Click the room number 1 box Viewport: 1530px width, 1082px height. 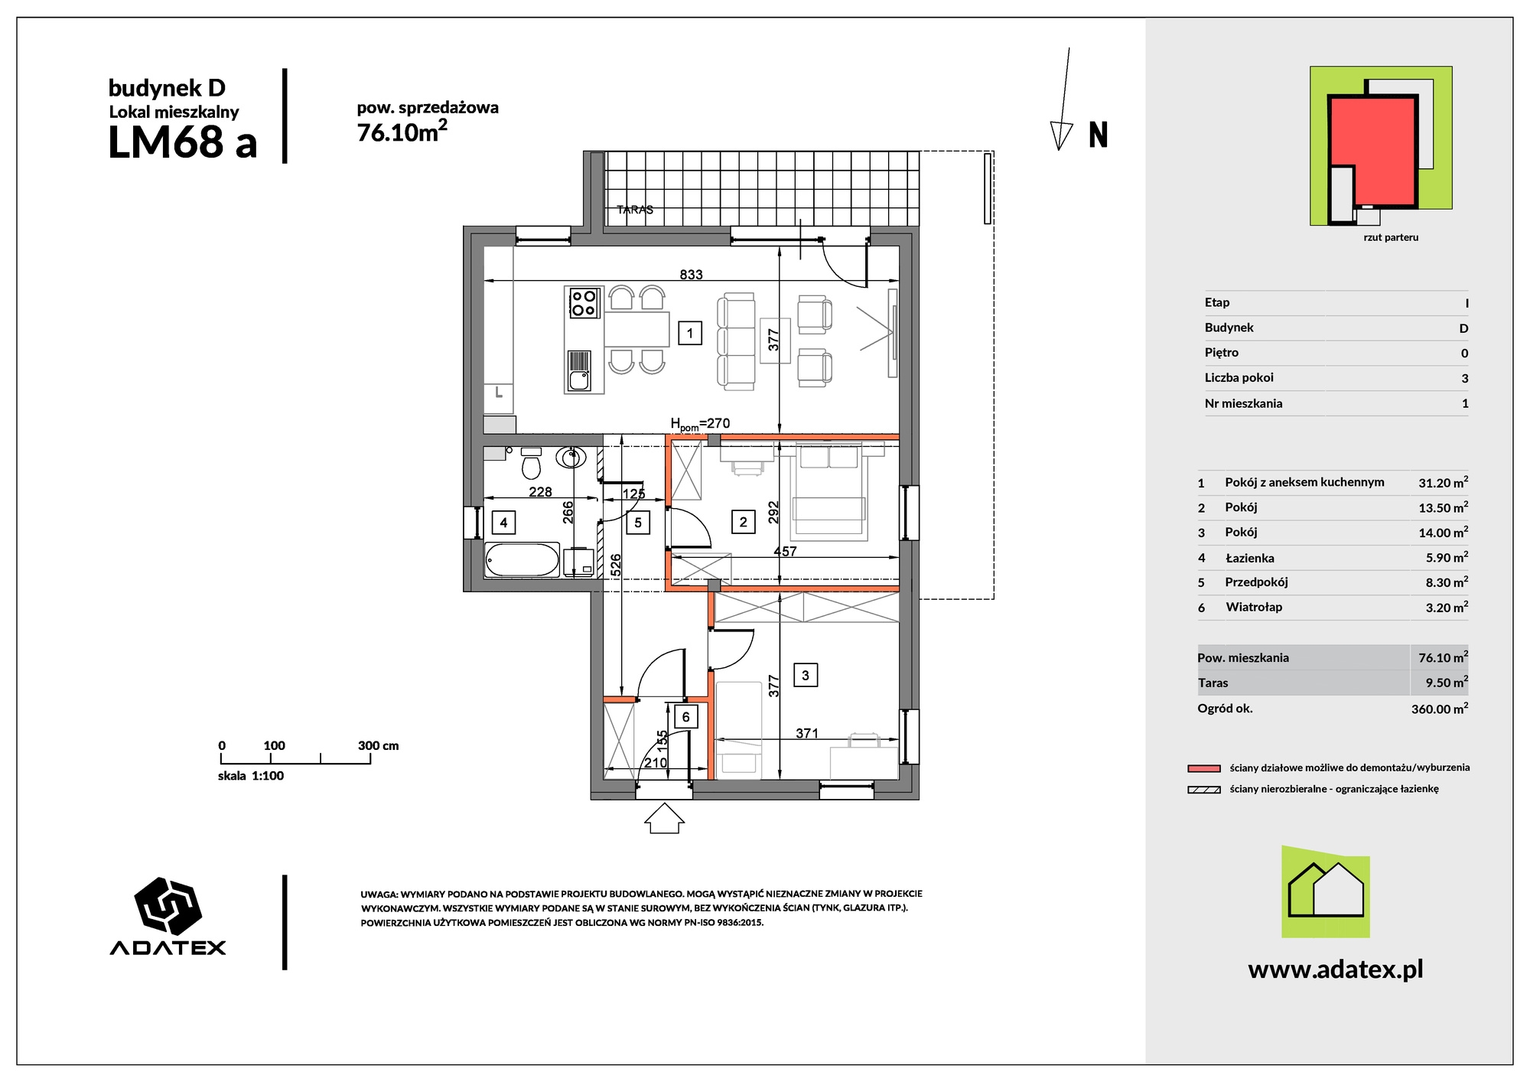[690, 333]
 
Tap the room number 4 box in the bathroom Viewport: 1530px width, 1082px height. [503, 523]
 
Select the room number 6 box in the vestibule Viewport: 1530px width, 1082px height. [685, 717]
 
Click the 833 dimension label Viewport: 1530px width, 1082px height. [691, 275]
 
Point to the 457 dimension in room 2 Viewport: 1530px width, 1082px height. [785, 551]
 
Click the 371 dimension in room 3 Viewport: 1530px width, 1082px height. [807, 733]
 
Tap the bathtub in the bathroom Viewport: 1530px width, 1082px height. [522, 559]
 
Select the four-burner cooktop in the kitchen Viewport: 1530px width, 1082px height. [584, 302]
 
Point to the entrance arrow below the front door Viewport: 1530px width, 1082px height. [663, 818]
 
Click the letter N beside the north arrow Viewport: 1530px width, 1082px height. [1098, 135]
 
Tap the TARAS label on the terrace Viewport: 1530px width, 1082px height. [635, 210]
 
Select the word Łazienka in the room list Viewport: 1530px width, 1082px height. [1249, 558]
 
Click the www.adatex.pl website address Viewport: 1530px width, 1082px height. [1336, 970]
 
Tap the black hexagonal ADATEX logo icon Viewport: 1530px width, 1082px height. [168, 906]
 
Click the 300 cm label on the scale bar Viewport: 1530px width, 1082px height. [378, 745]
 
